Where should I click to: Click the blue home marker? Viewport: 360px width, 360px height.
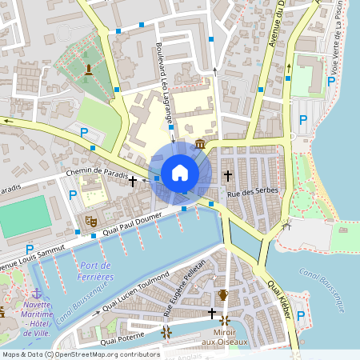click(180, 173)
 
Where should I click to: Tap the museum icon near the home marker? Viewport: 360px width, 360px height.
click(198, 144)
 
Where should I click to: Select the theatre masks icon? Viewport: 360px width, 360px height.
click(90, 218)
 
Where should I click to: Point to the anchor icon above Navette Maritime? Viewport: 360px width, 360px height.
click(37, 293)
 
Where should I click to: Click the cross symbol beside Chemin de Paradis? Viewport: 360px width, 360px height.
click(133, 182)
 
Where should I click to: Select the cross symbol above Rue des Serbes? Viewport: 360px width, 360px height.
click(228, 174)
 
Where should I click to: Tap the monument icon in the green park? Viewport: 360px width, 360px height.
click(110, 70)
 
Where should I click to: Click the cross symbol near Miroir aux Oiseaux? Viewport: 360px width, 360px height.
click(212, 313)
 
